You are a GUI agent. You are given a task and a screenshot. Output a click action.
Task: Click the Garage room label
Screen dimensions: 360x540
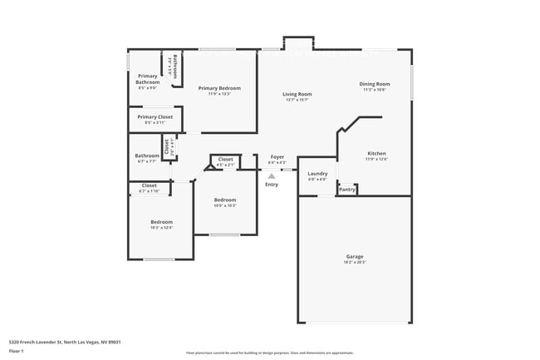point(355,256)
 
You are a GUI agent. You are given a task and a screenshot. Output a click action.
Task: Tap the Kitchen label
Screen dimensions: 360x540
point(376,153)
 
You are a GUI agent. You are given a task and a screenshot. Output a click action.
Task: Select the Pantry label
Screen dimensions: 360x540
point(347,190)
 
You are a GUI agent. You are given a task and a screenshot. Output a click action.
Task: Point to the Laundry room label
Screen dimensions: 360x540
point(317,174)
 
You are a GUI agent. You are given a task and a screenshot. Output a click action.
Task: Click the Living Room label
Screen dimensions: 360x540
point(297,94)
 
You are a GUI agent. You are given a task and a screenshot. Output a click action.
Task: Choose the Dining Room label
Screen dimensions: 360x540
point(374,83)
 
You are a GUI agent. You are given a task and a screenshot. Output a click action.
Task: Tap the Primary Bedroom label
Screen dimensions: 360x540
point(219,87)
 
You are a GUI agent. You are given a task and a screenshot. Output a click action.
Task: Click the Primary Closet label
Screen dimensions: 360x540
point(155,117)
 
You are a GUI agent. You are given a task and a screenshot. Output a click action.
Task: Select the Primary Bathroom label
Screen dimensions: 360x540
point(147,79)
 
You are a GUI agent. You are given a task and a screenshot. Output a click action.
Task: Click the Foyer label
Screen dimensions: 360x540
point(277,156)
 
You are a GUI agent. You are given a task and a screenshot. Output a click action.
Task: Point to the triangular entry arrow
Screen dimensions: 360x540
point(271,175)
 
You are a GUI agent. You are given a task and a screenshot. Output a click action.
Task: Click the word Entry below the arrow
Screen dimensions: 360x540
point(272,185)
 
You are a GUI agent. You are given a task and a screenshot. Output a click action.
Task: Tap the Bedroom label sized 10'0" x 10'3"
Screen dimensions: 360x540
point(225,200)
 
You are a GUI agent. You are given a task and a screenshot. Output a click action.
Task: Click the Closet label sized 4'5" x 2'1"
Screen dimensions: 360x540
point(225,159)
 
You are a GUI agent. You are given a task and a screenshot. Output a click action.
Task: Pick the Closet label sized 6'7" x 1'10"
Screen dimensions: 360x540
point(150,185)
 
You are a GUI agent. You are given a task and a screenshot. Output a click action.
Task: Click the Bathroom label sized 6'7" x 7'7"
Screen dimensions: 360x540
point(147,155)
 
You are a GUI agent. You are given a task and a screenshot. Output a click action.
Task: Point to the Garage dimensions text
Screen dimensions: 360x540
point(355,263)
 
